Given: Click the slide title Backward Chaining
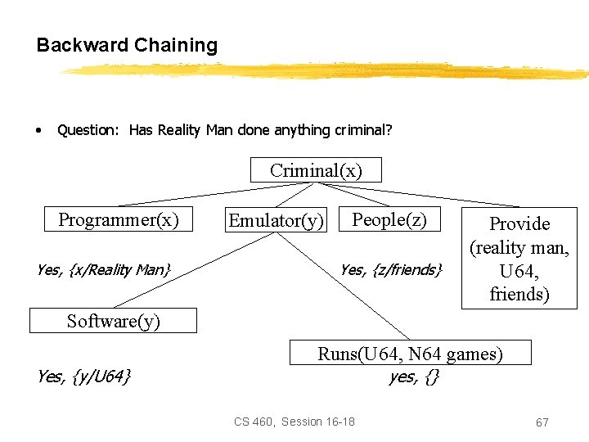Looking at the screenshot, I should point(127,45).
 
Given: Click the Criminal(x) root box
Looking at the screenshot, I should point(316,170).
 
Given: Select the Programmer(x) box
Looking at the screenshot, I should point(118,219).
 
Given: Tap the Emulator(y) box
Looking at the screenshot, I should point(276,220).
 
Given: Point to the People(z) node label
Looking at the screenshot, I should point(389,219).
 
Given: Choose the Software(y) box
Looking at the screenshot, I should point(113,321).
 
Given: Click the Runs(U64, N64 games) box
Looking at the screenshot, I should point(411,354).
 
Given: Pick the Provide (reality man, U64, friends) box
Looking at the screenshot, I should point(519,258).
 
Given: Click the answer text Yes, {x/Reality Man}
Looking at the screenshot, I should point(104,268).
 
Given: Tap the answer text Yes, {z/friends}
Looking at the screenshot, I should point(391,268).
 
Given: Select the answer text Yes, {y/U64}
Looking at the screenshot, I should point(84,377).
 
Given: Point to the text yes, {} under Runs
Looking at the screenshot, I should point(413,377).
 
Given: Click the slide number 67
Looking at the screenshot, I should point(542,422).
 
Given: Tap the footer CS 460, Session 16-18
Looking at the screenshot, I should point(294,422).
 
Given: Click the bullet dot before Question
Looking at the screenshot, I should point(38,130).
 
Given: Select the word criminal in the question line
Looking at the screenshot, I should point(362,129).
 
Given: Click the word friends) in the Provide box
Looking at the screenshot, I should point(519,294).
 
